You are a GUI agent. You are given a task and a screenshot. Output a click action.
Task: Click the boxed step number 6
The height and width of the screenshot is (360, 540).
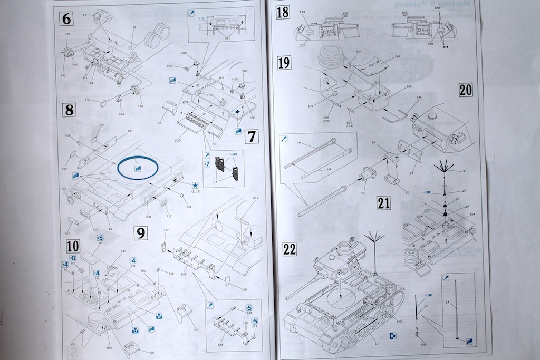point(66,19)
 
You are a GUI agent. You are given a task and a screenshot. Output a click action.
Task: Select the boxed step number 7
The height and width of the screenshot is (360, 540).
point(252,137)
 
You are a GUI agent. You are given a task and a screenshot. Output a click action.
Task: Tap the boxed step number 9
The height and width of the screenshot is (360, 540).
point(140,232)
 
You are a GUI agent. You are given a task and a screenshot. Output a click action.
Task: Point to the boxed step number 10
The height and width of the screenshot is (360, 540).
point(73,246)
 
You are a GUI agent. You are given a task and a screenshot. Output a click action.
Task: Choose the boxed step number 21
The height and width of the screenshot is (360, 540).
point(383,202)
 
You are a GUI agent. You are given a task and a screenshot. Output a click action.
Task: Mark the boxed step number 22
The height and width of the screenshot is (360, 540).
point(290,249)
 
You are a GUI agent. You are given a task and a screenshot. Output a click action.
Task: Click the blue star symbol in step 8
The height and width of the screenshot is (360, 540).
point(195,185)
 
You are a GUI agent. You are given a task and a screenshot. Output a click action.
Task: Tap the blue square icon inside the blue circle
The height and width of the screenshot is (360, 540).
point(138,168)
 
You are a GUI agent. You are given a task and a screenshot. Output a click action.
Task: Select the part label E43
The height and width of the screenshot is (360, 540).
point(397,57)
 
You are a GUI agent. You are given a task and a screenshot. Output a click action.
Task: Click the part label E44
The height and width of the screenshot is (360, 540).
point(419,98)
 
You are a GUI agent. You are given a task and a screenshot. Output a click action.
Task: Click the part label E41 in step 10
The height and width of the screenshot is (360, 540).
point(123,252)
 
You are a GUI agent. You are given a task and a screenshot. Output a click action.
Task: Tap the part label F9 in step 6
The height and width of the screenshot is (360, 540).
point(134,28)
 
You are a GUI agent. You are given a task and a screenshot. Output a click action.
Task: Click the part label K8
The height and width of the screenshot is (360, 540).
point(152,353)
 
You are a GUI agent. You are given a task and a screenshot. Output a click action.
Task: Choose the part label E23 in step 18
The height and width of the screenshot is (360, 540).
point(303,46)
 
